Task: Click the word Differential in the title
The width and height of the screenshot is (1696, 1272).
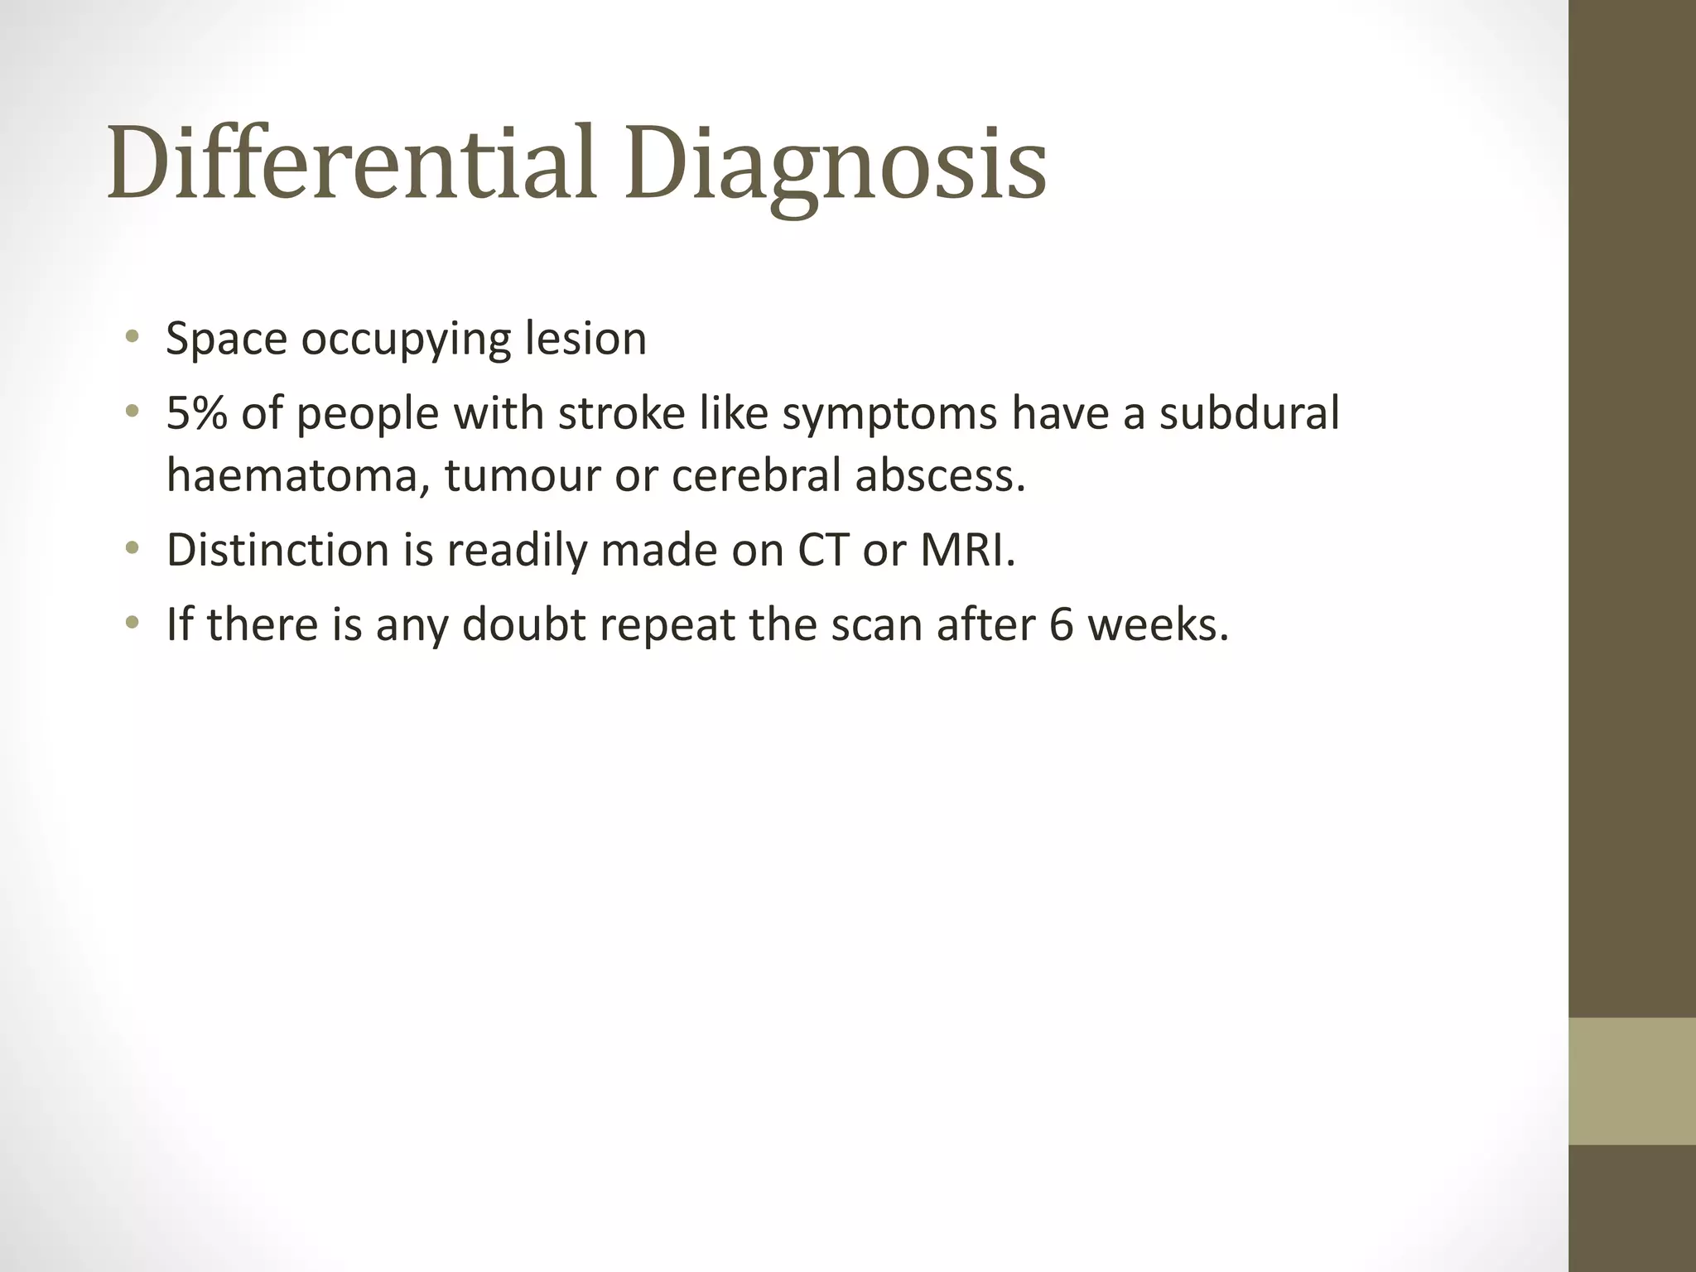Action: pyautogui.click(x=352, y=162)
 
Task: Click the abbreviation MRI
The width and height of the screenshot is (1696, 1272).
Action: pyautogui.click(x=966, y=549)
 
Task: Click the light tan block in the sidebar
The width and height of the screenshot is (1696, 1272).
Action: pyautogui.click(x=1632, y=1081)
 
